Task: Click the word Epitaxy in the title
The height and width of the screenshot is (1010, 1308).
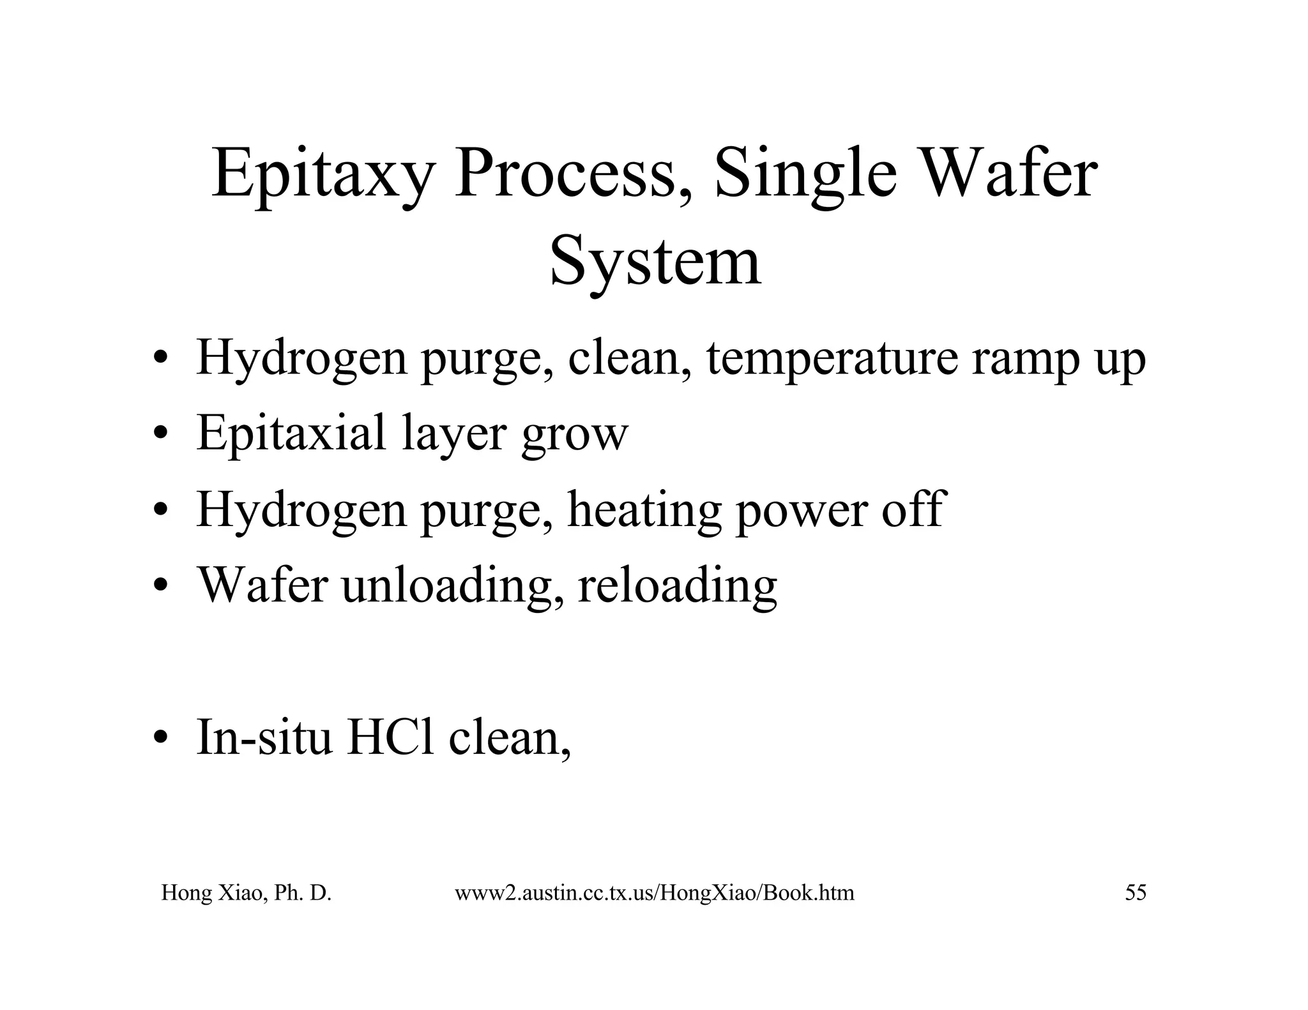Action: click(x=322, y=176)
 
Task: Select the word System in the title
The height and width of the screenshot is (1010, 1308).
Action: click(x=655, y=262)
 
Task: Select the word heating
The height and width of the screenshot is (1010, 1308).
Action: click(x=644, y=511)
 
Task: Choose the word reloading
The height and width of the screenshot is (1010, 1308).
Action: click(x=678, y=585)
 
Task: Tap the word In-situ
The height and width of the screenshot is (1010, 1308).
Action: click(x=264, y=737)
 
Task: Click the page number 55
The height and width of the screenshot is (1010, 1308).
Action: click(x=1135, y=893)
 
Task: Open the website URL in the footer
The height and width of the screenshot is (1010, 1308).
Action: click(x=654, y=893)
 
